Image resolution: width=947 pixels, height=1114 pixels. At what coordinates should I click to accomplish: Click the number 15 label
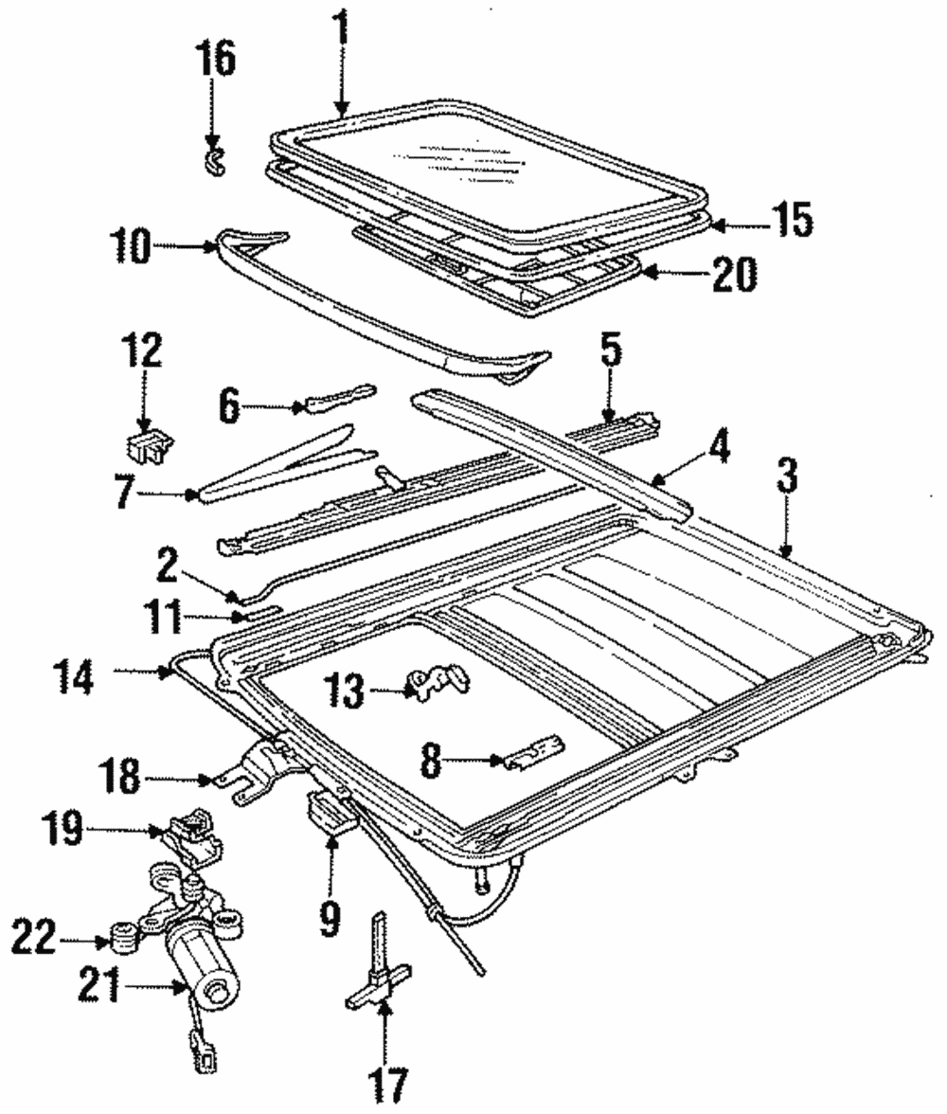pos(793,221)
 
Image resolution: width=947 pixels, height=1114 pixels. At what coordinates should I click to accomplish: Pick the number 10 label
pos(130,248)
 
